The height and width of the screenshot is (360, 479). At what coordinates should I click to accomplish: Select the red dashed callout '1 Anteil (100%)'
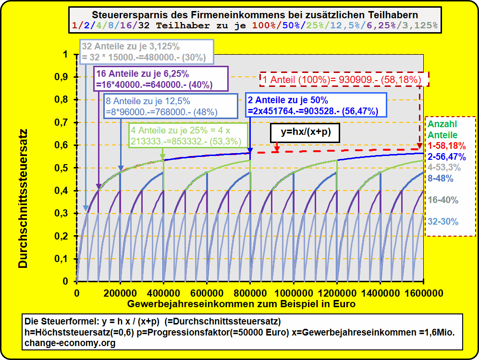pyautogui.click(x=344, y=79)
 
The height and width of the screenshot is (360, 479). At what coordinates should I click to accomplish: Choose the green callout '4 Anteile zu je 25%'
pyautogui.click(x=188, y=136)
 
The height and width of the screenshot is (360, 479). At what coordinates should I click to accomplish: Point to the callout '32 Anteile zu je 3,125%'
pyautogui.click(x=144, y=52)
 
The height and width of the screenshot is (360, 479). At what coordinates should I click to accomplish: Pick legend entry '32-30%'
pyautogui.click(x=443, y=222)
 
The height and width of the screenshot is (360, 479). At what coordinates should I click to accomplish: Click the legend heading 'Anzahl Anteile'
pyautogui.click(x=442, y=130)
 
